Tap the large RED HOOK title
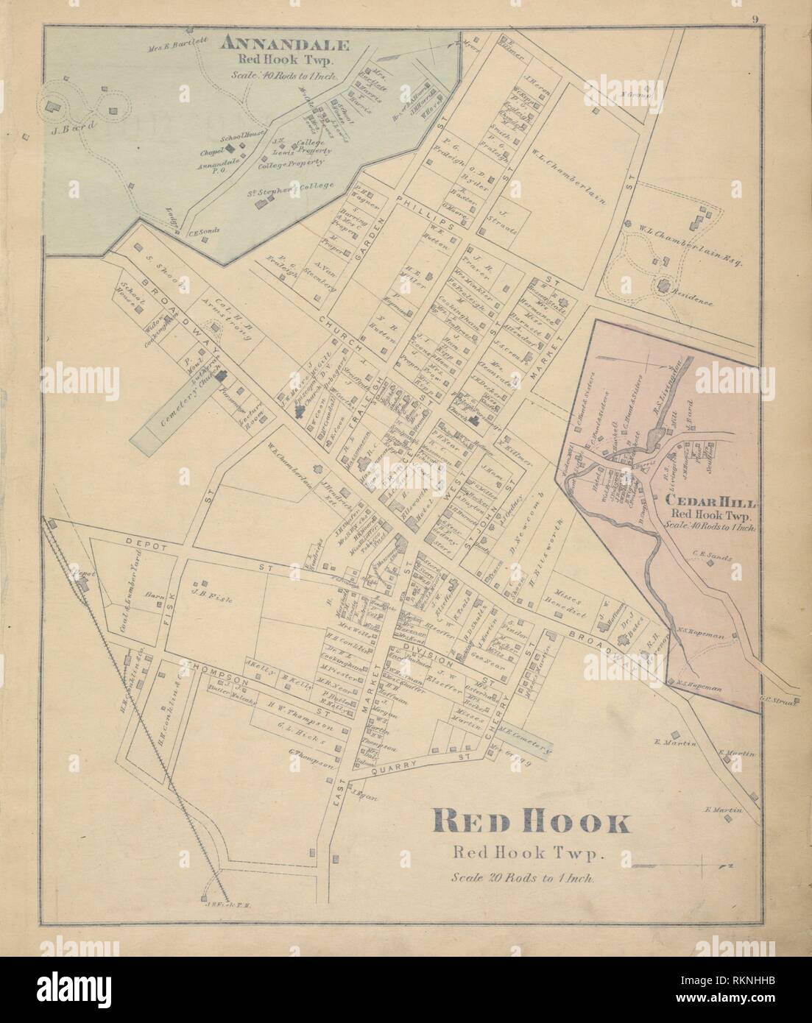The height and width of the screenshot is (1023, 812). click(531, 821)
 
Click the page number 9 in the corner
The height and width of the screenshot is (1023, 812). click(756, 20)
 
